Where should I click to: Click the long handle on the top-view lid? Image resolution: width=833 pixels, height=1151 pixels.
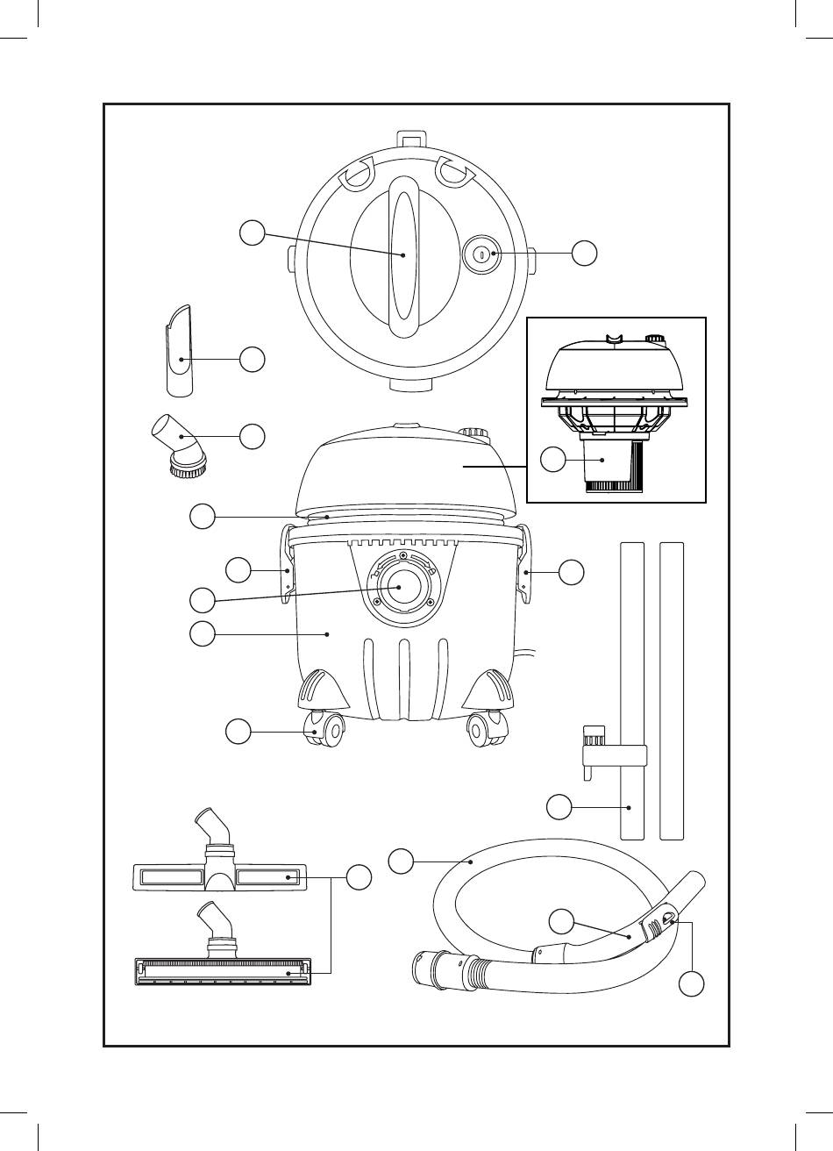click(x=404, y=255)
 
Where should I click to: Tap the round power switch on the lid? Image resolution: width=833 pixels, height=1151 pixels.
click(x=481, y=254)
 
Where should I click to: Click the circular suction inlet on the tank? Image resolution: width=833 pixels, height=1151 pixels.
click(x=402, y=588)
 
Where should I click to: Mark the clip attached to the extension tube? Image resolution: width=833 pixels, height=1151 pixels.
click(x=596, y=746)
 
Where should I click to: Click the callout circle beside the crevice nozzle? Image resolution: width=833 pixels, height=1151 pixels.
click(x=253, y=358)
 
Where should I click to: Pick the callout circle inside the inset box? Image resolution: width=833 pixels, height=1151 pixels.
click(x=552, y=460)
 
